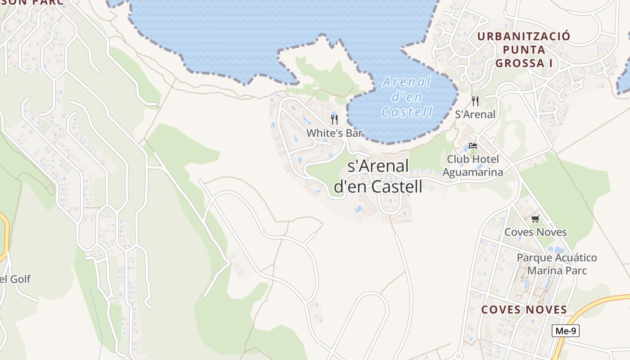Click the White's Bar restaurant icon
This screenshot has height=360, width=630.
click(334, 119)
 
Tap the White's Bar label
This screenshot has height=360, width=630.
click(334, 133)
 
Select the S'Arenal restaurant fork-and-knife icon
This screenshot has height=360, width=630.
click(475, 101)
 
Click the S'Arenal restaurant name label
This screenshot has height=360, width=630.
click(475, 114)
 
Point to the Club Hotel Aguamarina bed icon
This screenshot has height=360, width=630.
click(472, 146)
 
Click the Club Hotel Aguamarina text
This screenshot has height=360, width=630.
click(472, 165)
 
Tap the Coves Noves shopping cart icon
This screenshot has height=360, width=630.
click(535, 219)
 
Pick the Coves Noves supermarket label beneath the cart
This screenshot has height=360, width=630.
click(535, 232)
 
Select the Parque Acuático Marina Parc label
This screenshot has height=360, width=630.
click(557, 264)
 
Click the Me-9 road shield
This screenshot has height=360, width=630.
click(565, 331)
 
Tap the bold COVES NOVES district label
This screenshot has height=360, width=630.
click(524, 310)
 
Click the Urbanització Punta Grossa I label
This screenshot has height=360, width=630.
click(524, 49)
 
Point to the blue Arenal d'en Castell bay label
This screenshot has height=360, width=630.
click(407, 97)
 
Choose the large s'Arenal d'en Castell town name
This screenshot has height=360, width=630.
click(378, 175)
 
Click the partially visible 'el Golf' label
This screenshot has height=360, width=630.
click(15, 279)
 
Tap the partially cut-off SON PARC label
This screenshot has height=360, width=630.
click(31, 2)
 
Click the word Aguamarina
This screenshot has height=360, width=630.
click(472, 171)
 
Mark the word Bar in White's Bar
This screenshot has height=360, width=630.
click(353, 133)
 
